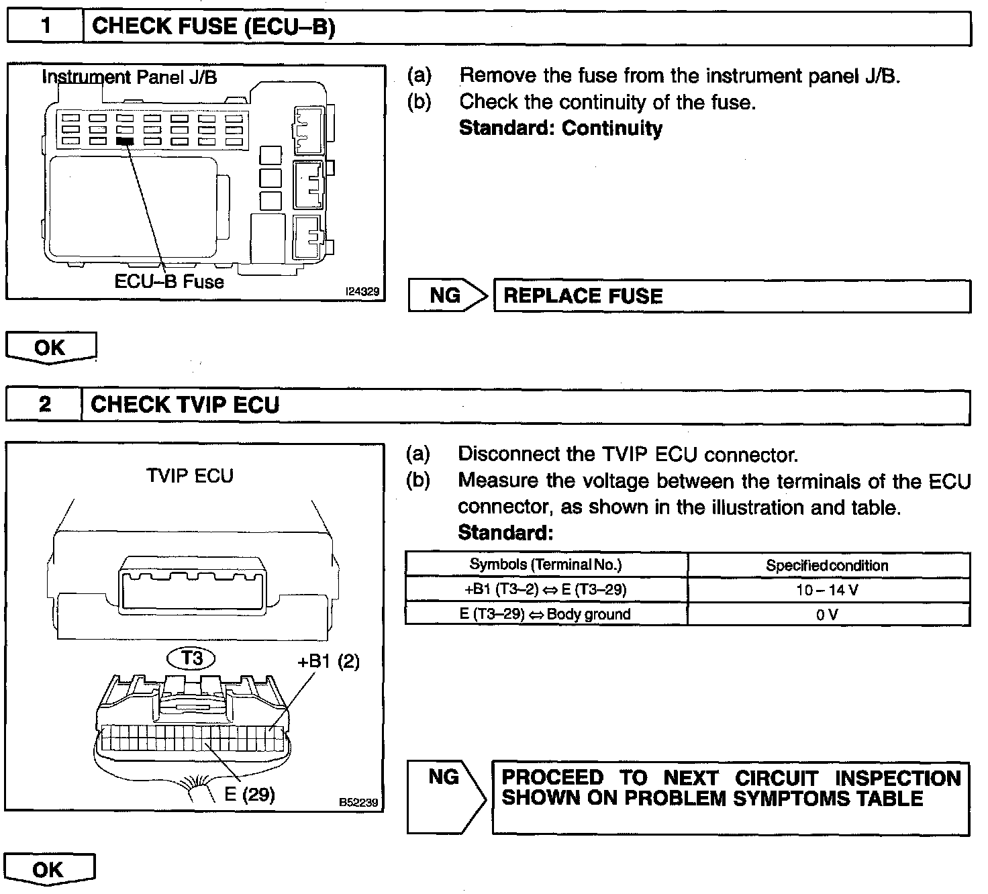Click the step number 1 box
coord(45,28)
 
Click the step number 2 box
coord(44,405)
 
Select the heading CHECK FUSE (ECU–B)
coord(213,27)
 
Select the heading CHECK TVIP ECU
coord(185,405)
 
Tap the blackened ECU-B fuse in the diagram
coord(125,141)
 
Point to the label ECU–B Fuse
coord(169,281)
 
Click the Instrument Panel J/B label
coord(130,77)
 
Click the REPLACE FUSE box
coord(732,296)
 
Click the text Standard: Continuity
coord(560,128)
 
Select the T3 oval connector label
coord(192,658)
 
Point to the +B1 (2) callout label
coord(328,661)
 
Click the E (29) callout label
coord(250,794)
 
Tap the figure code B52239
coord(358,802)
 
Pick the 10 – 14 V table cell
coord(828,590)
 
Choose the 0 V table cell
coord(828,614)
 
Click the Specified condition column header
coord(828,565)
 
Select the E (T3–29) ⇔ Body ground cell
coord(546,614)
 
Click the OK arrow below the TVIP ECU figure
coord(50,870)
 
